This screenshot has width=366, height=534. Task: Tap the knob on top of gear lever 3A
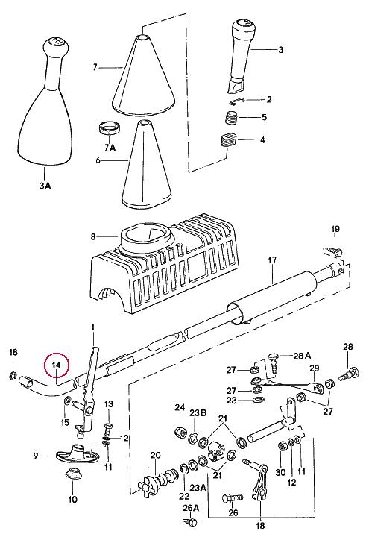click(x=56, y=45)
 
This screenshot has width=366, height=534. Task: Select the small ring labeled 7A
click(x=108, y=128)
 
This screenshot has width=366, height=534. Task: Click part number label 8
click(x=93, y=236)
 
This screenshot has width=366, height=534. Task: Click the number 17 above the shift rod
click(x=272, y=260)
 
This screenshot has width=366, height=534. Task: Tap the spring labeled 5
click(x=232, y=118)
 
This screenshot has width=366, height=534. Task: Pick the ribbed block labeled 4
click(x=229, y=139)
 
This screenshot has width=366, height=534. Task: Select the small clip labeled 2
click(x=237, y=100)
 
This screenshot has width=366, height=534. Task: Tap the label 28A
click(x=302, y=356)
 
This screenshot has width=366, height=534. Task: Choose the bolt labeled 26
click(x=232, y=499)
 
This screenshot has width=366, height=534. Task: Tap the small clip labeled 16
click(x=13, y=376)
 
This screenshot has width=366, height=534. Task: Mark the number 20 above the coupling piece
click(x=155, y=455)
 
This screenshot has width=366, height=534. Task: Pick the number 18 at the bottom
click(x=260, y=526)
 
